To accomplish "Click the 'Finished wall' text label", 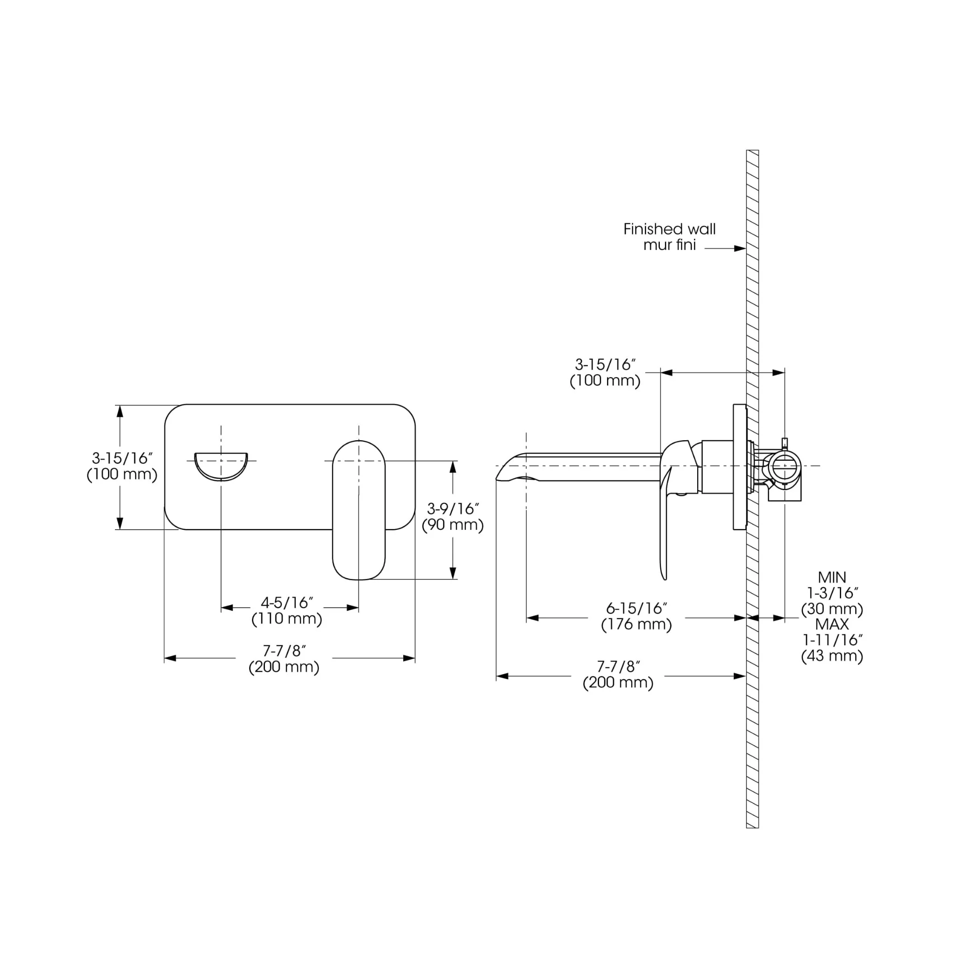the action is (x=669, y=229).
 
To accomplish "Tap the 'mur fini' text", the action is (x=669, y=245).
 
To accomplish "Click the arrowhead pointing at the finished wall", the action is (x=740, y=249).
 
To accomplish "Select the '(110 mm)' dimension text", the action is (x=287, y=619).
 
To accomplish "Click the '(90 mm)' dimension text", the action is (x=452, y=525).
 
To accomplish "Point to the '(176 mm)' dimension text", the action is (x=636, y=625).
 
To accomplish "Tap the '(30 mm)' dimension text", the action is (x=832, y=609).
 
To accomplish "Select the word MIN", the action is (x=832, y=578).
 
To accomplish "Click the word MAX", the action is (x=832, y=624).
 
